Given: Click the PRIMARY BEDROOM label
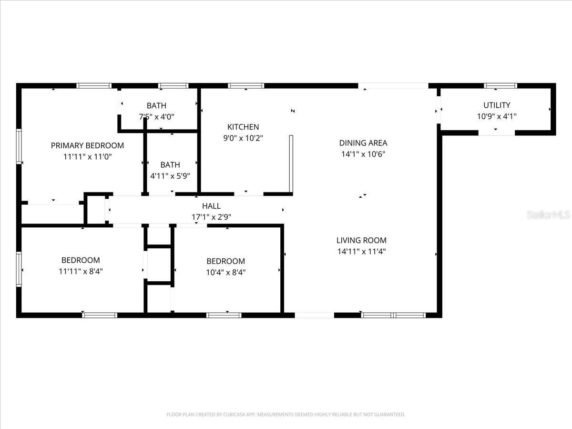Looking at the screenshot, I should click(x=87, y=145).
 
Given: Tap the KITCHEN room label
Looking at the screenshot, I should click(x=243, y=127).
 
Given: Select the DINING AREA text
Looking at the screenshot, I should click(x=363, y=143).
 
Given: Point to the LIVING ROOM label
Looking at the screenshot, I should click(x=361, y=240).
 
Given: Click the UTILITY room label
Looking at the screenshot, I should click(x=497, y=105).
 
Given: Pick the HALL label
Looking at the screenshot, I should click(x=211, y=206).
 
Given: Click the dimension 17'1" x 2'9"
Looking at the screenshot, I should click(x=211, y=217).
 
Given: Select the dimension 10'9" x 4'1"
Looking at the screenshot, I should click(x=497, y=116).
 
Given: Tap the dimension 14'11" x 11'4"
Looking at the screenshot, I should click(x=361, y=252).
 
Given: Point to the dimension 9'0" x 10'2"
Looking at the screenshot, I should click(x=243, y=138).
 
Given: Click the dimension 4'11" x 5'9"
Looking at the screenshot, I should click(x=170, y=176).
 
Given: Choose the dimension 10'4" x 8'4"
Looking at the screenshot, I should click(x=225, y=273).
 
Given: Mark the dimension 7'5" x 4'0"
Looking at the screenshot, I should click(x=156, y=117).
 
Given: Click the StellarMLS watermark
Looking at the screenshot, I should click(x=548, y=215).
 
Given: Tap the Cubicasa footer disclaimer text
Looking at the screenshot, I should click(x=286, y=415).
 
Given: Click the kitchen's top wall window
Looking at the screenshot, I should click(x=246, y=86).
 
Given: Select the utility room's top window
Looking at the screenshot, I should click(x=500, y=86).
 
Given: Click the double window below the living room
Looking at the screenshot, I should click(x=393, y=315).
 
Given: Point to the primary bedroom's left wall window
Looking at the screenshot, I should click(x=20, y=147).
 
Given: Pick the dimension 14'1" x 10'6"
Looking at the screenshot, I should click(x=363, y=154).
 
